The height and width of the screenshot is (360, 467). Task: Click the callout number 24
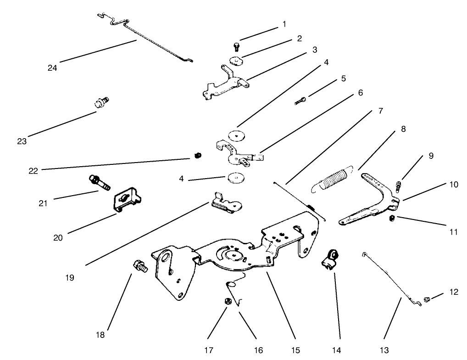pyautogui.click(x=52, y=68)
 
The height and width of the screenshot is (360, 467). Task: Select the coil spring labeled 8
pyautogui.click(x=334, y=178)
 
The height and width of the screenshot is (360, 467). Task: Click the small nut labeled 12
pyautogui.click(x=427, y=299)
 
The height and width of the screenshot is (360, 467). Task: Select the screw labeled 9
pyautogui.click(x=398, y=186)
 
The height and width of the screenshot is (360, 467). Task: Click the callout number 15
pyautogui.click(x=295, y=350)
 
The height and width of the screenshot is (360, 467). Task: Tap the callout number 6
pyautogui.click(x=360, y=93)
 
